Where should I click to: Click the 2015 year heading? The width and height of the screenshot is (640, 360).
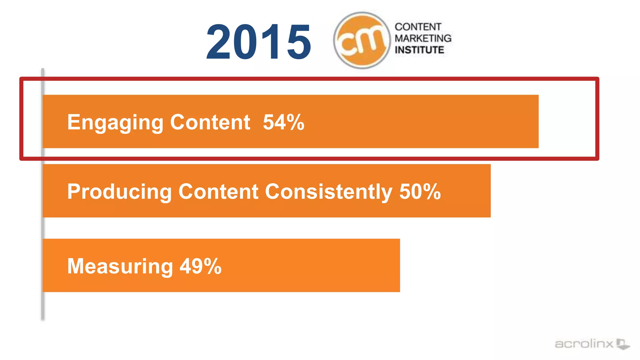(259, 42)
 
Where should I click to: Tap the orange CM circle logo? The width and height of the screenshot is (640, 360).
(362, 40)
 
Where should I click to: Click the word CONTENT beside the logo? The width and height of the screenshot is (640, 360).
(418, 27)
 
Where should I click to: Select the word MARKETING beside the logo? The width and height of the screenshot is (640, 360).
(423, 38)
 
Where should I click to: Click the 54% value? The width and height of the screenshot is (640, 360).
(283, 122)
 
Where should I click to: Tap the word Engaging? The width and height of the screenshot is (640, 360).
(115, 122)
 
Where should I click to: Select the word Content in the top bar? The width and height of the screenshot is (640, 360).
(210, 122)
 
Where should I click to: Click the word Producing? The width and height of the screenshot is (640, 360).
(119, 192)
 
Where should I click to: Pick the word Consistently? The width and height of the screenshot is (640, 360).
(328, 192)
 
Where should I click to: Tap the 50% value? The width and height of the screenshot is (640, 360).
(420, 191)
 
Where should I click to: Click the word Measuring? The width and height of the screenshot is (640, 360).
(120, 267)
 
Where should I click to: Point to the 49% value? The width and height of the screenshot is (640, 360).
(201, 266)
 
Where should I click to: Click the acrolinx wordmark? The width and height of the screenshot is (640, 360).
(584, 344)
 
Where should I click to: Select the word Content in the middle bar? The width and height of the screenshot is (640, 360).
(218, 191)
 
